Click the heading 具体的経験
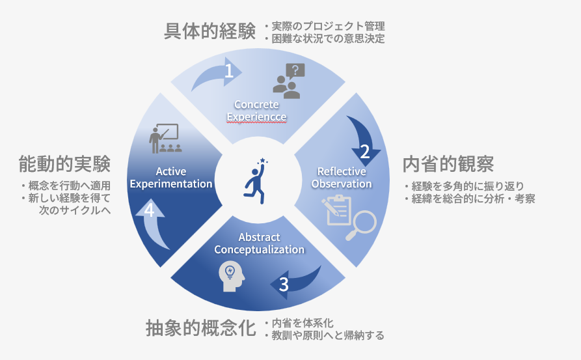pos(209,31)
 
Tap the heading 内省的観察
pos(448,164)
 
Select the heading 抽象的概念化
pos(201,328)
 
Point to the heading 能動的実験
pos(64,164)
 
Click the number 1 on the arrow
pos(229,70)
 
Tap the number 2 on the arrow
pos(365,152)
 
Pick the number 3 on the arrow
pos(284,284)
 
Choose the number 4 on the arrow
pos(150,210)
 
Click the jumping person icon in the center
pos(256,181)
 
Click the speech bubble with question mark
pos(295,70)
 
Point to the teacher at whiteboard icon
pos(165,138)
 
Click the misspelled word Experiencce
pos(256,117)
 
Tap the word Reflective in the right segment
pos(342,171)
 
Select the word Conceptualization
pos(260,249)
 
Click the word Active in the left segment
pos(171,171)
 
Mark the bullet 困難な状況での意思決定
pos(325,38)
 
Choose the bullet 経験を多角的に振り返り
pos(465,186)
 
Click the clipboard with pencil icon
pos(336,210)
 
